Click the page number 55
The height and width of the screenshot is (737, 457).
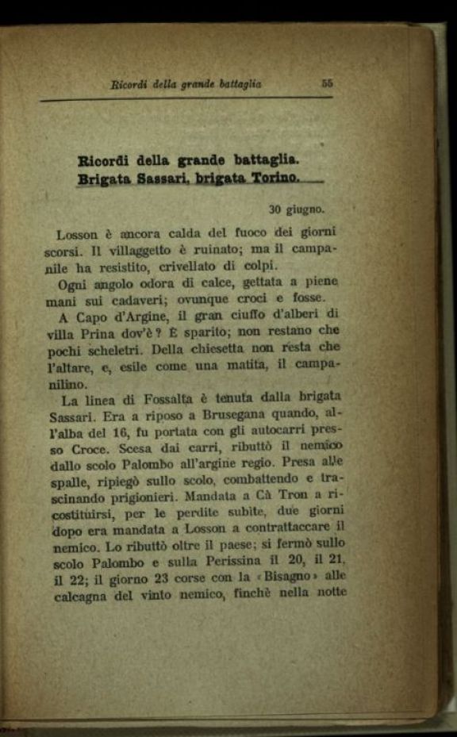pyautogui.click(x=327, y=82)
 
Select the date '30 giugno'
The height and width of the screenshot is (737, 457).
pyautogui.click(x=296, y=210)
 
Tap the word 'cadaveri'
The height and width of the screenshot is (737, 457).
pyautogui.click(x=159, y=299)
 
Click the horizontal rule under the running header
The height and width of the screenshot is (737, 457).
pyautogui.click(x=186, y=98)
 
